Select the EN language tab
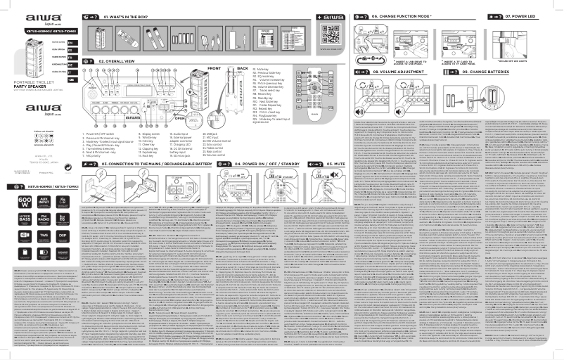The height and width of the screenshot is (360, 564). coord(70,42)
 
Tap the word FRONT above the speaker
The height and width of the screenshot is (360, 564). coord(214,68)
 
